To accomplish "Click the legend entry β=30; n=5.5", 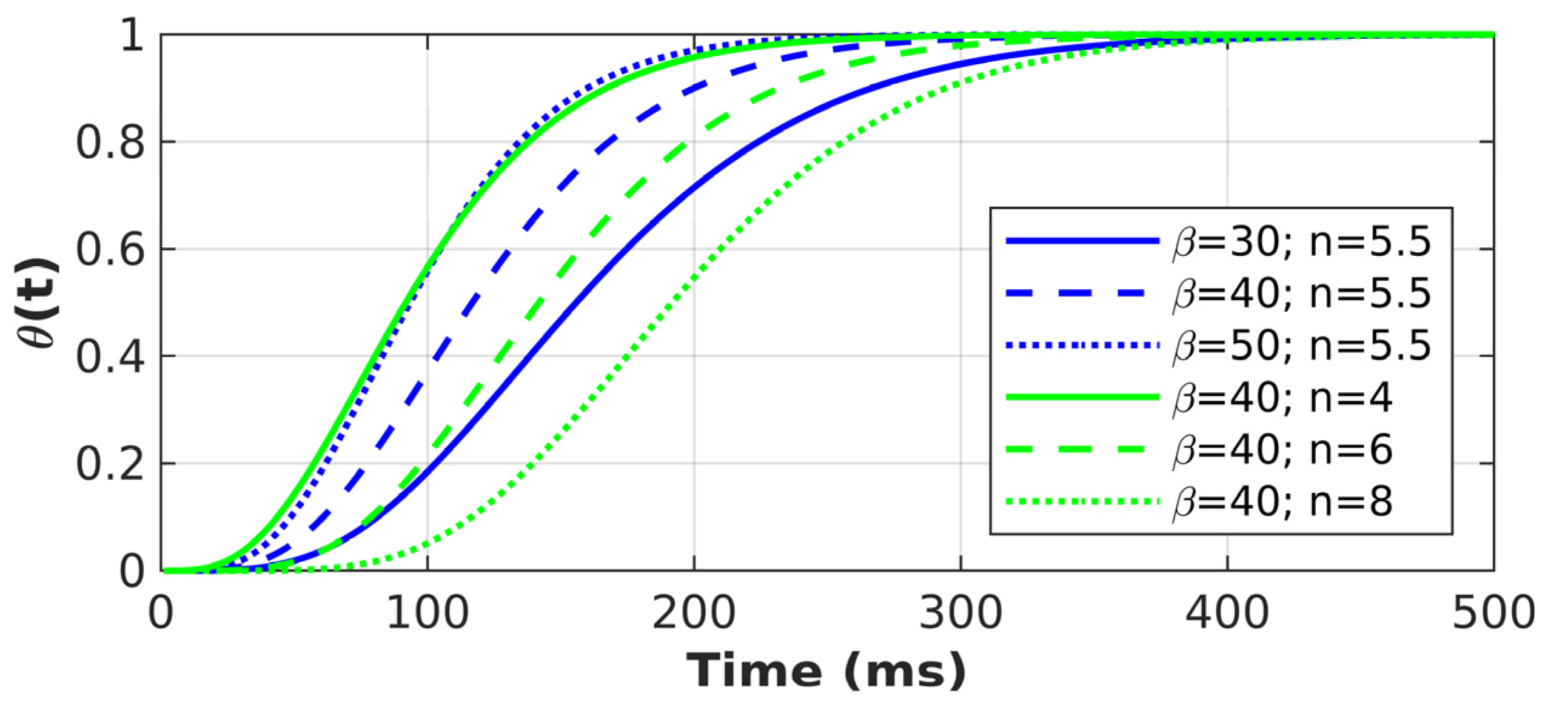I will point(1301,241).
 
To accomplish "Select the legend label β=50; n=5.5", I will point(1301,346).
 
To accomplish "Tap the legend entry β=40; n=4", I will point(1282,398).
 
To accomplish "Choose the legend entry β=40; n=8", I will point(1282,502).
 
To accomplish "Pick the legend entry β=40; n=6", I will point(1282,450).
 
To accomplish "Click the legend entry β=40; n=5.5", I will point(1301,293).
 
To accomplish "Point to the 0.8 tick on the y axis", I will point(110,143).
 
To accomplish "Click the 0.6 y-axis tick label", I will point(110,250).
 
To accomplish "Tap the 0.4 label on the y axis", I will point(110,357).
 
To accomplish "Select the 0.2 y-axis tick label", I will point(110,464).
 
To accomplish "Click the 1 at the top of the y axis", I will point(132,35).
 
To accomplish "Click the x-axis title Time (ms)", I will point(826,671).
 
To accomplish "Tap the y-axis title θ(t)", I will point(38,303).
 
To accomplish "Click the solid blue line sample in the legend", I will point(1082,241).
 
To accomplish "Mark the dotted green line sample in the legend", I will point(1082,502).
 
